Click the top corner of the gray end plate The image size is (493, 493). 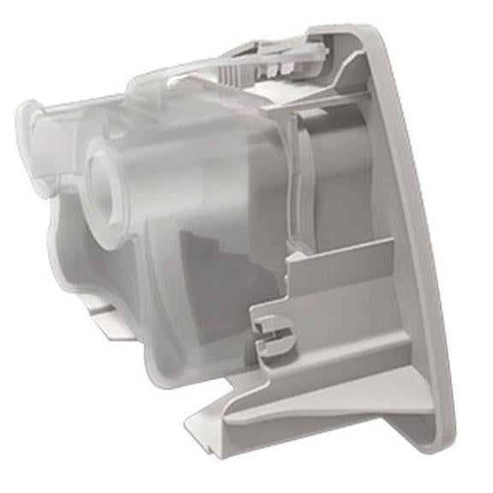368,31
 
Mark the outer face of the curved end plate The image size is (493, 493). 419,257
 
